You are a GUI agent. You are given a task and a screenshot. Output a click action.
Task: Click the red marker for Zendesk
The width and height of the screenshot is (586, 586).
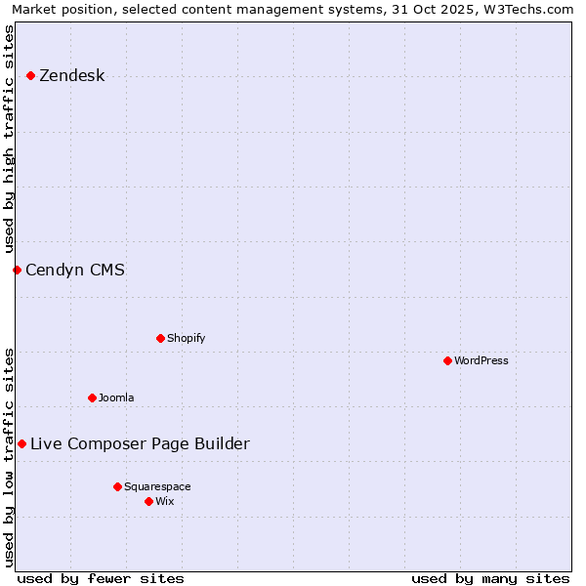(31, 75)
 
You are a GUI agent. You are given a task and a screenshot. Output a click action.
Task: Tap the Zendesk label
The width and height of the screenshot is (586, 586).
(71, 76)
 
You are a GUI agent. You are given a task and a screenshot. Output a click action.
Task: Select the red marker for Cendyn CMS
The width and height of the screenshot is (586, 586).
(17, 270)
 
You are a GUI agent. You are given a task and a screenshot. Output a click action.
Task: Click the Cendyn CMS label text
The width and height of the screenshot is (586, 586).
(75, 271)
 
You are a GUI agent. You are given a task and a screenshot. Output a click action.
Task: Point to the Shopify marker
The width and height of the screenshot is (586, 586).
(160, 338)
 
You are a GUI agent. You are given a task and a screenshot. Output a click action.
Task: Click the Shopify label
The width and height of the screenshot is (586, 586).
(186, 339)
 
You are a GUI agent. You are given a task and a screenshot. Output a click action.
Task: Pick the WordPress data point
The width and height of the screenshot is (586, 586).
(447, 360)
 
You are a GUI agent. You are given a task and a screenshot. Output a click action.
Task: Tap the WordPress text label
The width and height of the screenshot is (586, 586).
(481, 361)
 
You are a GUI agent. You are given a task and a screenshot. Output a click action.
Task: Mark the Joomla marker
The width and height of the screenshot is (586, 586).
(92, 398)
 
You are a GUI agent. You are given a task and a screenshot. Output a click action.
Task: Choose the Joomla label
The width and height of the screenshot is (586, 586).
(116, 398)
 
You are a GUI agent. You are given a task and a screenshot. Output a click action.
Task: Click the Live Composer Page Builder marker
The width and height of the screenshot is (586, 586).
(21, 443)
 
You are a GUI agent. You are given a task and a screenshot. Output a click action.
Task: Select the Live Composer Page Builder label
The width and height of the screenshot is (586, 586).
(140, 444)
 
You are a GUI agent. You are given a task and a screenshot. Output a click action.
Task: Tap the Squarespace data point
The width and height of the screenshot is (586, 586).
(117, 486)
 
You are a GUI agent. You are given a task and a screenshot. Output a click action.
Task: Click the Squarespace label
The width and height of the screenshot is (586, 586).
(157, 487)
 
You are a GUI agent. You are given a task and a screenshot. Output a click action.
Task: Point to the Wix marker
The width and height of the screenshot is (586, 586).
(148, 501)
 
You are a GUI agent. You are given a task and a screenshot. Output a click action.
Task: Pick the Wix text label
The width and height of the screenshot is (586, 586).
(164, 502)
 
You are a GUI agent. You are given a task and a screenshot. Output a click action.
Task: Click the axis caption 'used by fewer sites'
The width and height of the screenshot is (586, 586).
(101, 578)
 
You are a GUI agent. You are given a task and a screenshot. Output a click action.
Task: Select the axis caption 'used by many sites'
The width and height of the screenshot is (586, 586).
(490, 578)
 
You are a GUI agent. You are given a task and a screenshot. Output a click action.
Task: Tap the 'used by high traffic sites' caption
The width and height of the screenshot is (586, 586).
(9, 140)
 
